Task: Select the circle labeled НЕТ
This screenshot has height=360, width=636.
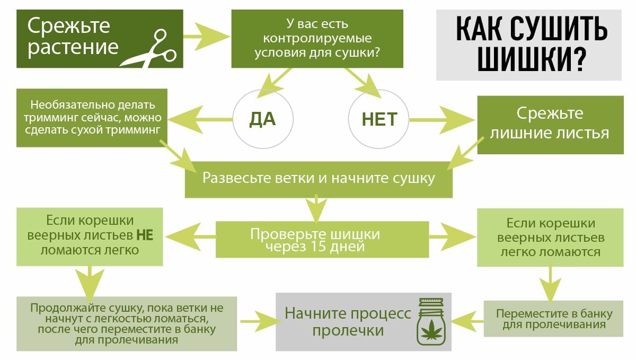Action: click(379, 119)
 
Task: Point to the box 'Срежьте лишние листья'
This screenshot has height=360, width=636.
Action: click(550, 124)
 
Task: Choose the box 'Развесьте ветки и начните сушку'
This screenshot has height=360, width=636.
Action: click(318, 178)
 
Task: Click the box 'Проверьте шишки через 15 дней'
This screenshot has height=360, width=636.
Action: click(322, 240)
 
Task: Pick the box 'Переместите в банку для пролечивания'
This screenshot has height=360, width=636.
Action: click(553, 318)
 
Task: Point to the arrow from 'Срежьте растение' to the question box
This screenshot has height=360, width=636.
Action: click(207, 37)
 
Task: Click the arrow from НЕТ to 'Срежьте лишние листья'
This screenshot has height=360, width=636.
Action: click(443, 119)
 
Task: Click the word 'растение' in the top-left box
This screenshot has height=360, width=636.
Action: click(73, 47)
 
